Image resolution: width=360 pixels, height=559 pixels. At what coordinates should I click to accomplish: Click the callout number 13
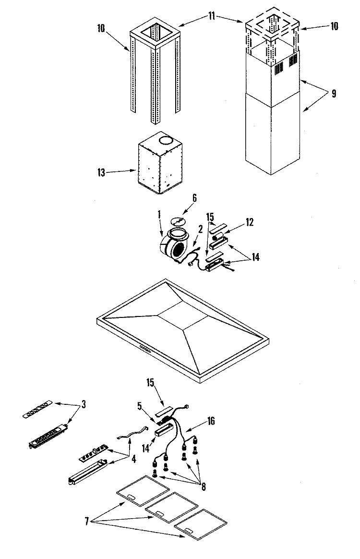point(101,172)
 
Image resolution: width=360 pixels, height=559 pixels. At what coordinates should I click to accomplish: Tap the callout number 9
point(334,93)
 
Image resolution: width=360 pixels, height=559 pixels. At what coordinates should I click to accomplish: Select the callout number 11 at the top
point(212,16)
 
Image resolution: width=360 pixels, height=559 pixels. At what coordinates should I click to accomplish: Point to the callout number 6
point(194,198)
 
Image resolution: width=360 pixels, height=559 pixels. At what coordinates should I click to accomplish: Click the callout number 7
point(86,521)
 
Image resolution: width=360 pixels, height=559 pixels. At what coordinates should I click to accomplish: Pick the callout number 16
point(211,421)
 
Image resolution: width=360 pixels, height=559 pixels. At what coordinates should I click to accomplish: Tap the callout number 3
point(84,405)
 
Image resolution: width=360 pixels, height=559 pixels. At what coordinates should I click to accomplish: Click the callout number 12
point(250,222)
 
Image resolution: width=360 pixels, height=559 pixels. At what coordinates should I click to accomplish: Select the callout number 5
point(139,406)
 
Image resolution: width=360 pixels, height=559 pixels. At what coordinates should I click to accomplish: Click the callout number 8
point(204,487)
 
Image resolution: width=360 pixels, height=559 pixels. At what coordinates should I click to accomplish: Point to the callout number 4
point(133,459)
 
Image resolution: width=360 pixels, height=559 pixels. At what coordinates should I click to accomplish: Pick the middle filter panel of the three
point(172,507)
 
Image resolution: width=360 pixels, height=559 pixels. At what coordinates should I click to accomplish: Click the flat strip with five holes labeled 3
point(36,409)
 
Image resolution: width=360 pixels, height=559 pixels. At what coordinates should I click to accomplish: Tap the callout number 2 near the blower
point(200,230)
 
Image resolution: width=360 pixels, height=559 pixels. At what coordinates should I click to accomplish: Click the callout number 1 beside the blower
point(159,215)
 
